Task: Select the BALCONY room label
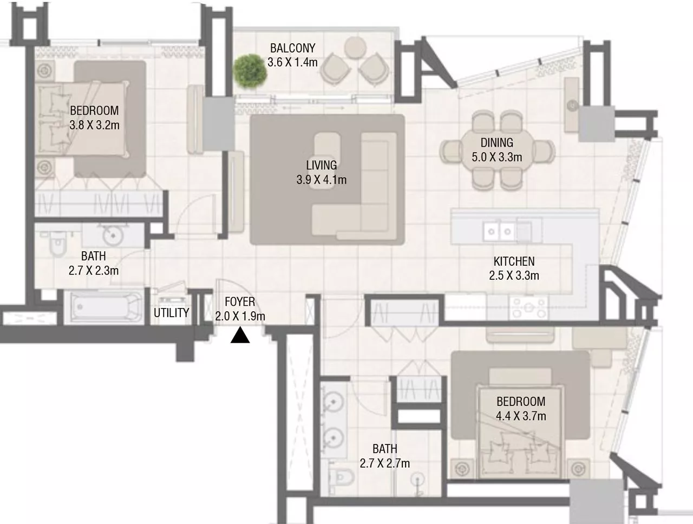[x=292, y=49]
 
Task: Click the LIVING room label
[x=321, y=166]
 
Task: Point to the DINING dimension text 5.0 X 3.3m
[x=496, y=157]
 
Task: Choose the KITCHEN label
[x=513, y=261]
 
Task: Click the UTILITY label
[x=171, y=313]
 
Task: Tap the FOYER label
[x=240, y=302]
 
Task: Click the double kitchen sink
[x=499, y=232]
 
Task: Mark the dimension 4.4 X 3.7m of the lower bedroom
[x=521, y=416]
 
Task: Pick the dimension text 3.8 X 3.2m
[x=94, y=125]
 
